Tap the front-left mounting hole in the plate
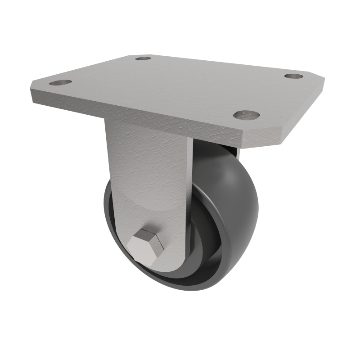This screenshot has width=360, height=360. click(60, 83)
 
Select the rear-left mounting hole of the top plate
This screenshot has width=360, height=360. click(143, 58)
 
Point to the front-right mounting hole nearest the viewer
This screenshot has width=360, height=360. click(247, 115)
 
